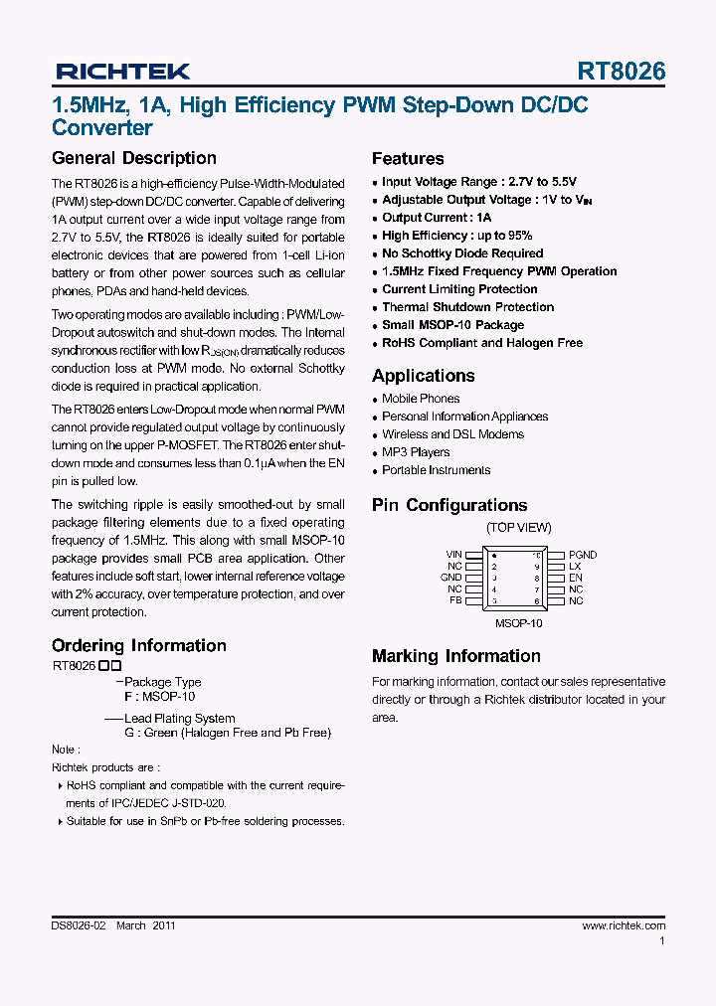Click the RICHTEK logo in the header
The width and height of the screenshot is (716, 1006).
pyautogui.click(x=122, y=72)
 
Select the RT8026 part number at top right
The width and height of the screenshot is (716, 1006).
pyautogui.click(x=622, y=72)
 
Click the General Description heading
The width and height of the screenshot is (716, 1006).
pyautogui.click(x=133, y=158)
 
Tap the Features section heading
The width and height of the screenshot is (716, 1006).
pyautogui.click(x=408, y=159)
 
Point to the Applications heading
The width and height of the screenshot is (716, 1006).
pyautogui.click(x=423, y=376)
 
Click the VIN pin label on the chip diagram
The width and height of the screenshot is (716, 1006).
pyautogui.click(x=453, y=555)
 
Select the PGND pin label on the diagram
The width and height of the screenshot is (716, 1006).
pyautogui.click(x=583, y=555)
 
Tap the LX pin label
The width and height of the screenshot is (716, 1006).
pyautogui.click(x=575, y=567)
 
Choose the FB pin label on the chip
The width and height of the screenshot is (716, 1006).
pyautogui.click(x=455, y=601)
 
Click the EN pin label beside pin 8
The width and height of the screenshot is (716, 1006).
pyautogui.click(x=575, y=578)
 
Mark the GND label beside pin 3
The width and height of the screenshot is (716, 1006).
pyautogui.click(x=451, y=578)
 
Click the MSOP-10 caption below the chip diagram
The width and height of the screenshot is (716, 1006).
pyautogui.click(x=518, y=623)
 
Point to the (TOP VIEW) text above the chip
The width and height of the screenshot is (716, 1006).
pyautogui.click(x=518, y=528)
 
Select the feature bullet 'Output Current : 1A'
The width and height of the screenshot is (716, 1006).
pyautogui.click(x=437, y=218)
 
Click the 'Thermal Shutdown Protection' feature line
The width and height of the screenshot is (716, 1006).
pyautogui.click(x=467, y=307)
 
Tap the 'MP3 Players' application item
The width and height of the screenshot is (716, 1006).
pyautogui.click(x=416, y=452)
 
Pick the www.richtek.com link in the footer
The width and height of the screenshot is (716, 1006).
pyautogui.click(x=624, y=925)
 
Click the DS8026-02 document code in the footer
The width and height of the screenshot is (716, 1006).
pyautogui.click(x=78, y=925)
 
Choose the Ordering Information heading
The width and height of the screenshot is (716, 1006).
pyautogui.click(x=139, y=646)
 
